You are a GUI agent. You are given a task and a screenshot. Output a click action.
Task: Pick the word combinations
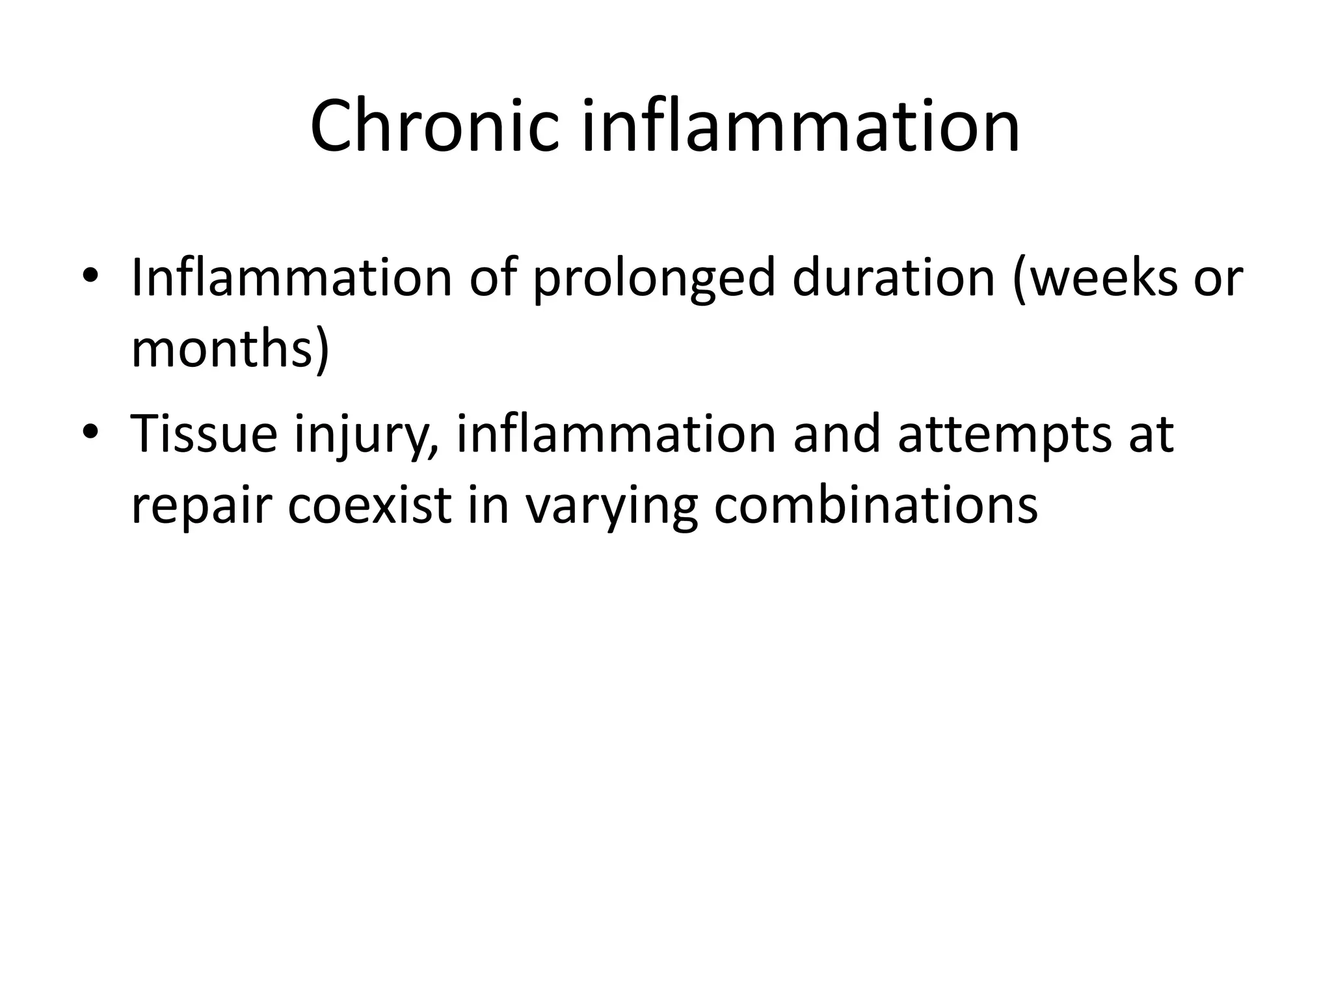pyautogui.click(x=875, y=505)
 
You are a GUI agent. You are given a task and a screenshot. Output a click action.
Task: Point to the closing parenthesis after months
pyautogui.click(x=321, y=351)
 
